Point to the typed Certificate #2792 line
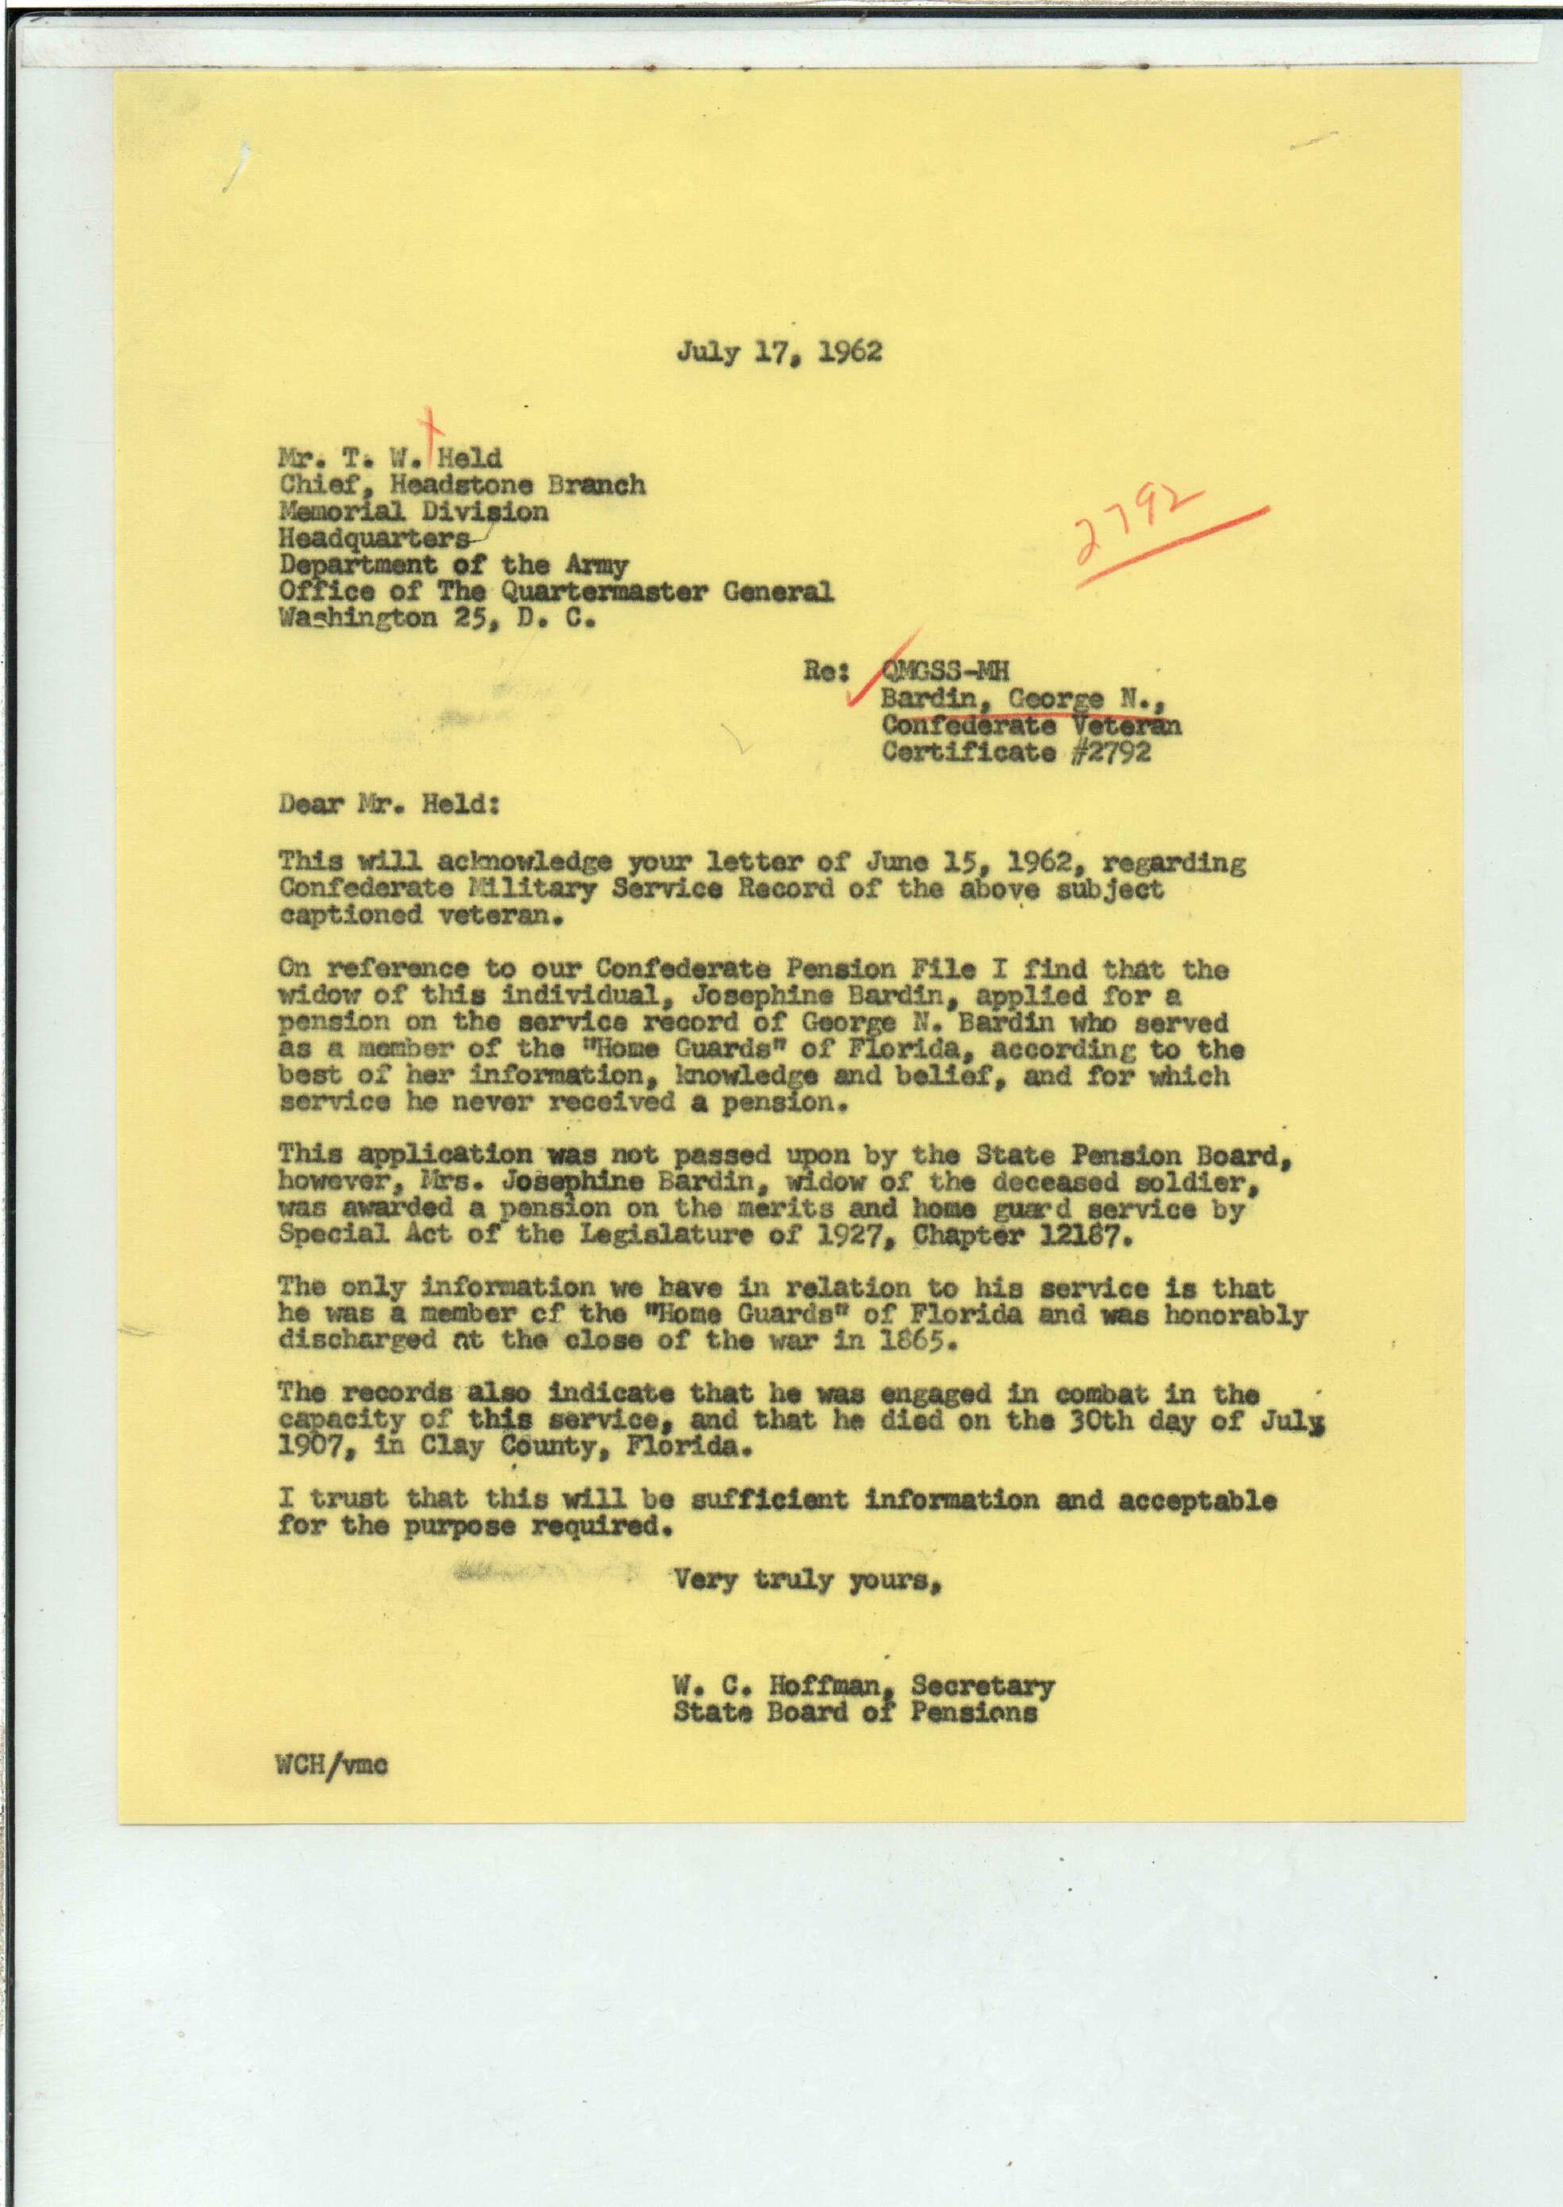pos(1015,751)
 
